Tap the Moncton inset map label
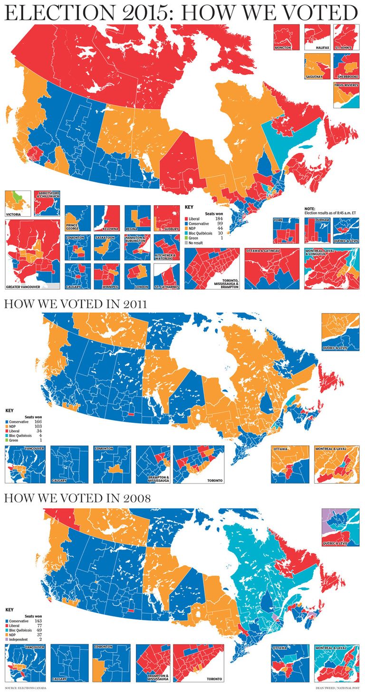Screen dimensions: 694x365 [283, 48]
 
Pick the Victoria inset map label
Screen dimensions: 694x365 [15, 214]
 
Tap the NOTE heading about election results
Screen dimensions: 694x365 [309, 209]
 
